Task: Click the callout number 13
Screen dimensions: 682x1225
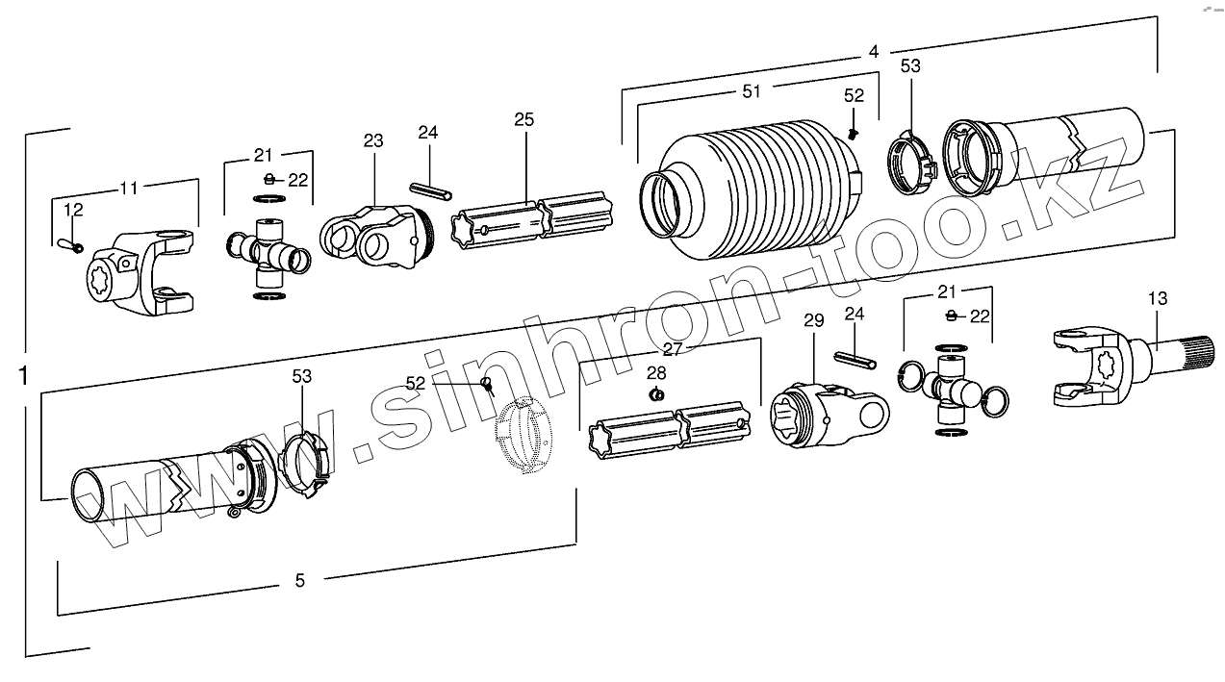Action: pos(1158,299)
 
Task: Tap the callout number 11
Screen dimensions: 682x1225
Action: pos(129,188)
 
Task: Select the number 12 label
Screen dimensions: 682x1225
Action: pos(73,210)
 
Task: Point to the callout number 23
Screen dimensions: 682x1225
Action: pos(373,141)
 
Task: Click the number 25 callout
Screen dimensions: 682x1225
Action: pos(523,120)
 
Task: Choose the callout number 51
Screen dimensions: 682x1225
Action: pos(752,91)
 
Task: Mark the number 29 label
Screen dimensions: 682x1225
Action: pos(814,320)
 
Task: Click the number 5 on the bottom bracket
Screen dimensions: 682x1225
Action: pos(299,580)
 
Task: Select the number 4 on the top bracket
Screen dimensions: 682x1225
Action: pos(873,52)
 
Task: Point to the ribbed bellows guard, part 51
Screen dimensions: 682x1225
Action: pos(760,188)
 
